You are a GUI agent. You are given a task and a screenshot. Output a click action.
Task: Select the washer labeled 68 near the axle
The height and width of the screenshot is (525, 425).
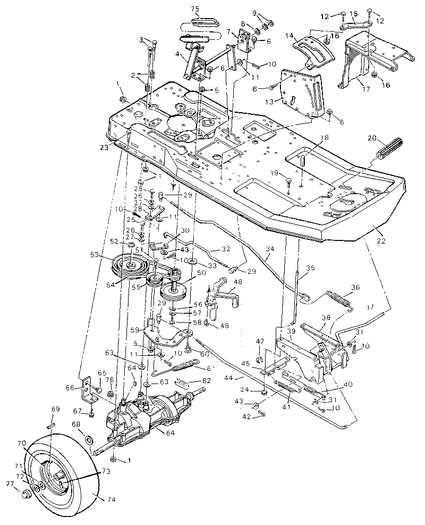[89, 439]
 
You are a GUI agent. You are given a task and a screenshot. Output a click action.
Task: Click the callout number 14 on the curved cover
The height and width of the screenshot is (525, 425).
[288, 35]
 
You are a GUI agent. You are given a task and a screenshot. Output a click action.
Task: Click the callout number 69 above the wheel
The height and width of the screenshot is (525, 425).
[55, 410]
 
